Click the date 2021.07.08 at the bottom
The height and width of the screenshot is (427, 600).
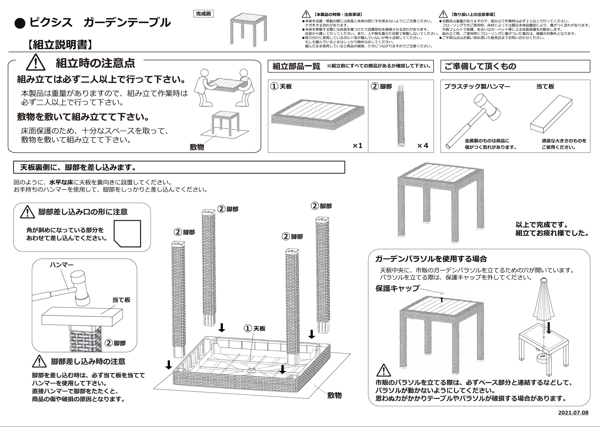573,413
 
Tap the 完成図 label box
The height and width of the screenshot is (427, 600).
203,14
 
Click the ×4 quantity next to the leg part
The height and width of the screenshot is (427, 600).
423,145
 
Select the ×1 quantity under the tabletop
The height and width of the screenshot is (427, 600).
357,145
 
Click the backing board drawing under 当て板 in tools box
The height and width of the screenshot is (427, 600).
551,114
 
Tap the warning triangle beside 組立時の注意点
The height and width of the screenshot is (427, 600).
36,63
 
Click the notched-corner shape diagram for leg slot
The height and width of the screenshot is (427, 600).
127,233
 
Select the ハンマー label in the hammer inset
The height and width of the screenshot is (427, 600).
62,265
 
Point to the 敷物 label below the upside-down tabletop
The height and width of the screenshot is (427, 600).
334,395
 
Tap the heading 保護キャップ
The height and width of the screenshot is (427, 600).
397,288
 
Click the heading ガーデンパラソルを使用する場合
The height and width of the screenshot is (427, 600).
431,259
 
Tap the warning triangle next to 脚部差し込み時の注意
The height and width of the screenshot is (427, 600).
39,361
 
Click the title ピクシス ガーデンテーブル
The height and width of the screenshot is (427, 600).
100,22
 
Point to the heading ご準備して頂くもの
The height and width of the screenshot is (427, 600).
480,66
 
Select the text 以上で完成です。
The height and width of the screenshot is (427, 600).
542,225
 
